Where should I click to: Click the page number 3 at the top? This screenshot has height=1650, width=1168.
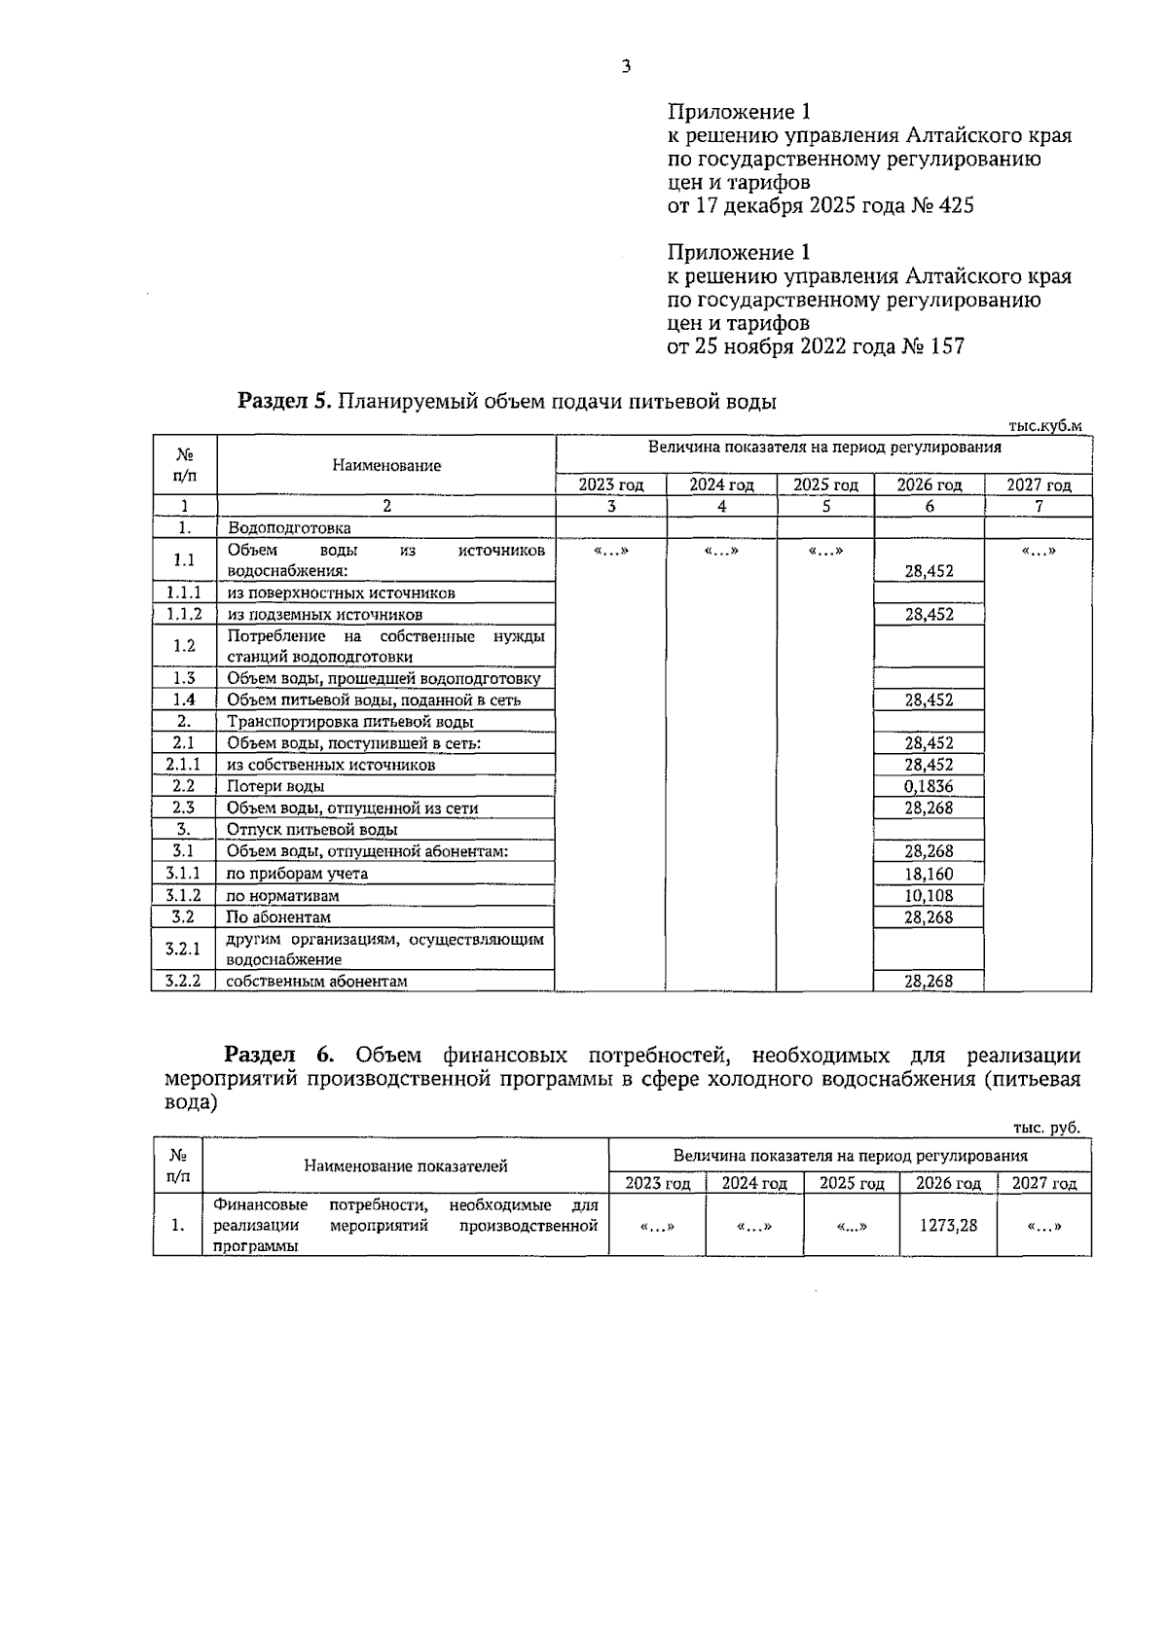(x=627, y=67)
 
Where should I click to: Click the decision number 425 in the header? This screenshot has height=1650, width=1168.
(x=956, y=206)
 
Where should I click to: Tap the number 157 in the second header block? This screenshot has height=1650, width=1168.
(x=947, y=346)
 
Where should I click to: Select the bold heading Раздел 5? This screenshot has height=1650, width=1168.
(x=286, y=401)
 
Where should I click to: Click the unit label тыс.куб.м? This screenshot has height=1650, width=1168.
(x=1044, y=425)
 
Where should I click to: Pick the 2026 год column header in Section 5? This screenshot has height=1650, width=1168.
(x=929, y=484)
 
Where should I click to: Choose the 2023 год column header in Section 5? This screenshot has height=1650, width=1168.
(x=610, y=484)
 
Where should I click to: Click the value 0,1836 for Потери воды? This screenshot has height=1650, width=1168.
(x=929, y=786)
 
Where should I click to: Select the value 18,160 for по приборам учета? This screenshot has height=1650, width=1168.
(x=929, y=874)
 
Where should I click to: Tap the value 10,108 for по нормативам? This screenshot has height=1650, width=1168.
(x=929, y=895)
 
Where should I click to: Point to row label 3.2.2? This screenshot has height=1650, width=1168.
(x=183, y=981)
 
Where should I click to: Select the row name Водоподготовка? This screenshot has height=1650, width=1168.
(x=288, y=527)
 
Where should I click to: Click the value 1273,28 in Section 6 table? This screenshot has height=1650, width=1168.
(x=948, y=1226)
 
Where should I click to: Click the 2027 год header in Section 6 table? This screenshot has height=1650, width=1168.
(x=1043, y=1183)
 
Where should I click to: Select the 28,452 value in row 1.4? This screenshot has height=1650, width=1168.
(x=929, y=699)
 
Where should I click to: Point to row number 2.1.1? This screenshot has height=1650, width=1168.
(x=183, y=765)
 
